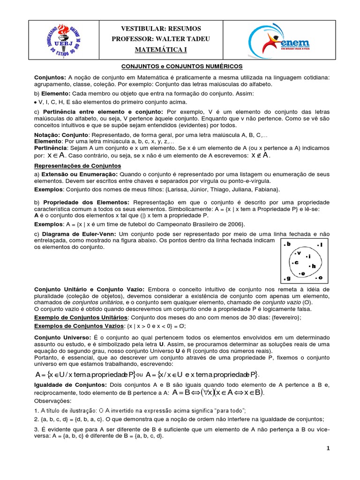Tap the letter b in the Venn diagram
(x=289, y=244)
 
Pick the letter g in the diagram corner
(x=288, y=278)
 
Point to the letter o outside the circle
(x=320, y=278)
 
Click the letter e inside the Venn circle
(x=303, y=273)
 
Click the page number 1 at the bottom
(x=329, y=449)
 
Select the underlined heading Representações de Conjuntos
(x=78, y=166)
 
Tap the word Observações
(x=52, y=401)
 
